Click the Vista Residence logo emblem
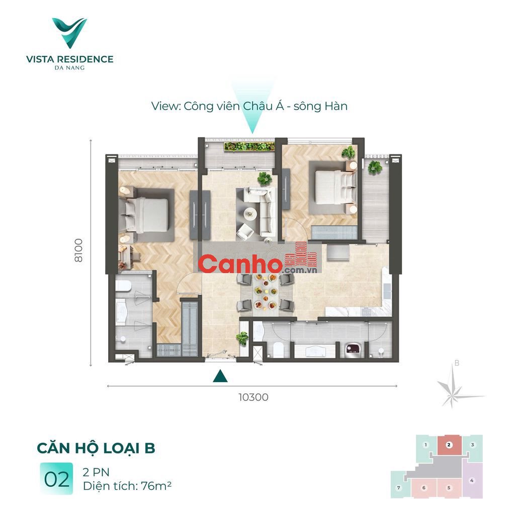click(69, 33)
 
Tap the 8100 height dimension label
click(78, 250)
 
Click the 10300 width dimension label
click(253, 397)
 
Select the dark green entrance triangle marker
click(220, 376)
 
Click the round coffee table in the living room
click(250, 214)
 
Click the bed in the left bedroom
click(147, 215)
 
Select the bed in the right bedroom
click(335, 187)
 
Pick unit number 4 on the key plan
click(472, 480)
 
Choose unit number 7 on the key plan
click(399, 488)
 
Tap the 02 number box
click(56, 479)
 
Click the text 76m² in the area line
click(156, 486)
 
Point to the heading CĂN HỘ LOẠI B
click(96, 448)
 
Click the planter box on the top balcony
click(249, 146)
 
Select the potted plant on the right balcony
click(375, 167)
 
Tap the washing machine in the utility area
click(354, 350)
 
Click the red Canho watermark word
click(240, 264)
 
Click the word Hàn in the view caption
click(336, 106)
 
